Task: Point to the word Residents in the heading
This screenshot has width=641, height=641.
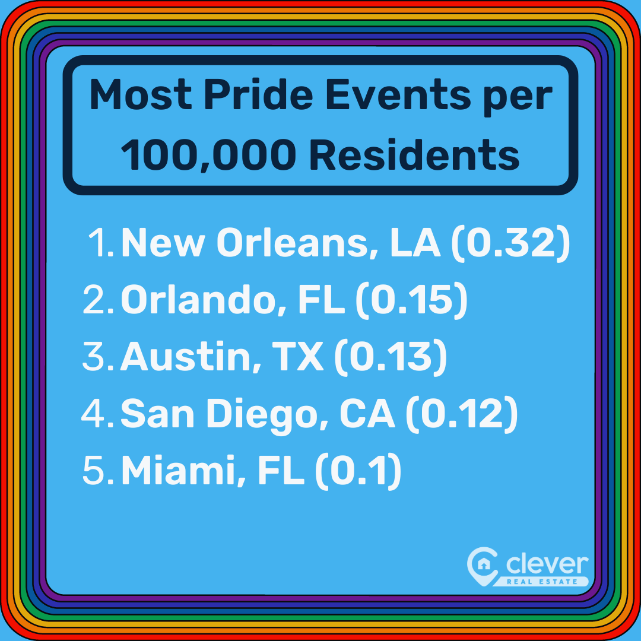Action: pos(414,154)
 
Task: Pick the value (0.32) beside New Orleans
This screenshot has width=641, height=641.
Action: pos(510,245)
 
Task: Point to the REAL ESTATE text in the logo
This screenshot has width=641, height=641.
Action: pos(544,582)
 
